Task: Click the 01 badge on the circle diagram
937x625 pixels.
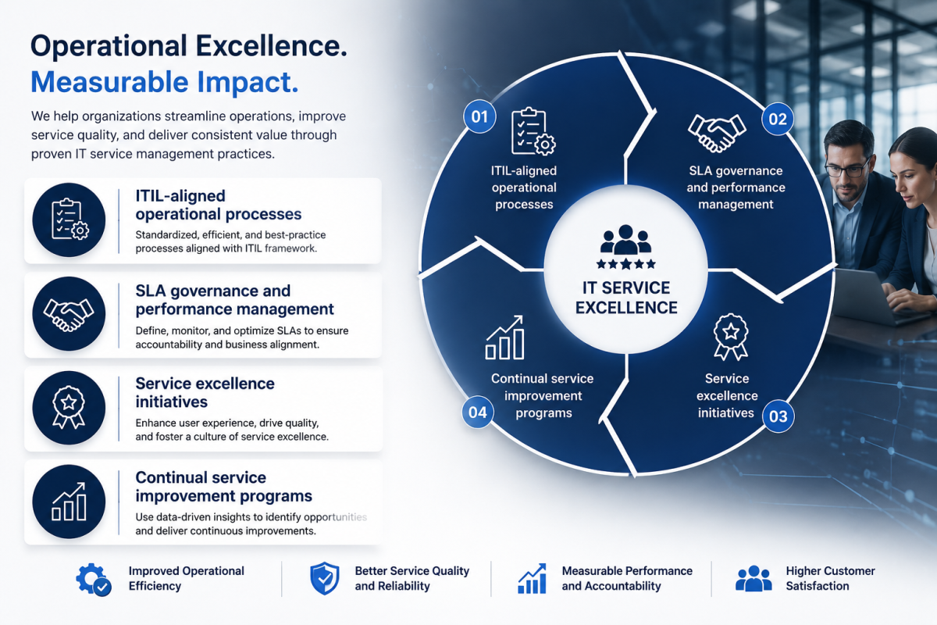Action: coord(479,116)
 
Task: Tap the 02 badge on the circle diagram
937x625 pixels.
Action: coord(777,120)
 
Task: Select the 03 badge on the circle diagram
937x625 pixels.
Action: coord(778,416)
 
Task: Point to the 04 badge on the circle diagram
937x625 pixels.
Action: coord(478,412)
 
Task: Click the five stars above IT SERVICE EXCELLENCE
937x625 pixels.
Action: coord(625,264)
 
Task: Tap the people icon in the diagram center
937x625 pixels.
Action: coord(625,240)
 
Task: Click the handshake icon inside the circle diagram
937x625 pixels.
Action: coord(717,132)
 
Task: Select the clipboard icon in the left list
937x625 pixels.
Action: coord(69,220)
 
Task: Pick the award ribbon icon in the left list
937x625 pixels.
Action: coord(69,407)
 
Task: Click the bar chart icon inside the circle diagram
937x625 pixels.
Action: coord(504,337)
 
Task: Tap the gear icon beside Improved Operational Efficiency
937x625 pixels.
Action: coord(93,580)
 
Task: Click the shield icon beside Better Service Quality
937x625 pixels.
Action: coord(325,579)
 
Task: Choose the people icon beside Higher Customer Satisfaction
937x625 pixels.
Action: coord(754,578)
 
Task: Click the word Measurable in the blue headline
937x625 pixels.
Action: coord(109,81)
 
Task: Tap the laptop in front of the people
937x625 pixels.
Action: coord(870,295)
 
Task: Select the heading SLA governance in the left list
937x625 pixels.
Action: coord(213,291)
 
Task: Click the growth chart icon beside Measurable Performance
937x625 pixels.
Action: coord(532,579)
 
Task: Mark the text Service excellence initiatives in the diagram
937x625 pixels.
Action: coord(727,395)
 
